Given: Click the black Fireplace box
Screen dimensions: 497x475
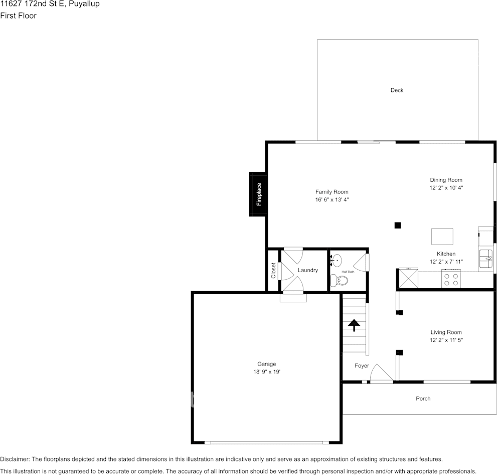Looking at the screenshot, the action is coord(258,194).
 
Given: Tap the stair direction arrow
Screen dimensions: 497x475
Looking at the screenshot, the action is coord(354,325).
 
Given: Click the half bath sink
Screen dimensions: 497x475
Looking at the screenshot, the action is coord(336,261).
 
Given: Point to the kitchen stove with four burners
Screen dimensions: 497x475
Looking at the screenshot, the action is coord(451,279).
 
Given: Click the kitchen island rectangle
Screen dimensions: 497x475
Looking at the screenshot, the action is coord(442,236).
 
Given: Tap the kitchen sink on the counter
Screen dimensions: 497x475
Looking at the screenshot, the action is coord(486,259).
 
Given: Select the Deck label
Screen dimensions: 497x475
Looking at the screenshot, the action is coord(397,90).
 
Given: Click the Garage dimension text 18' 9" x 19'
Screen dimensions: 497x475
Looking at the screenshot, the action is coord(267,372).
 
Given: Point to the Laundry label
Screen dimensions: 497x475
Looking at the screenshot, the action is coord(308,270).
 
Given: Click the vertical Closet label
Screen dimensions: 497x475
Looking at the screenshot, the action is coord(273,271).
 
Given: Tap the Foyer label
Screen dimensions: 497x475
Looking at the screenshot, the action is coord(362,366).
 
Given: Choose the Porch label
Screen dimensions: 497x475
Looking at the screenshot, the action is coord(423,399).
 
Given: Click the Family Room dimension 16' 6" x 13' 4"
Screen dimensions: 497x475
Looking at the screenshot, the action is coord(332,199).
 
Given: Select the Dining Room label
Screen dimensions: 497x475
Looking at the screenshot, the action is coord(446,180).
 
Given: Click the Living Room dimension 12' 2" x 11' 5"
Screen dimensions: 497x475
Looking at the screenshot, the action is coord(446,340).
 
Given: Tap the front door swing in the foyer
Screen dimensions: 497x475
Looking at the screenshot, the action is coord(382,373).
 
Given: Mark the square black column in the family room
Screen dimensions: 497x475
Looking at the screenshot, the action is coord(398,225).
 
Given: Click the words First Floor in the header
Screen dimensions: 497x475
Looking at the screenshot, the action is coord(19,16).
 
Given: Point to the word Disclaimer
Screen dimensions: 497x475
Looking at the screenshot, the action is coord(15,459).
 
